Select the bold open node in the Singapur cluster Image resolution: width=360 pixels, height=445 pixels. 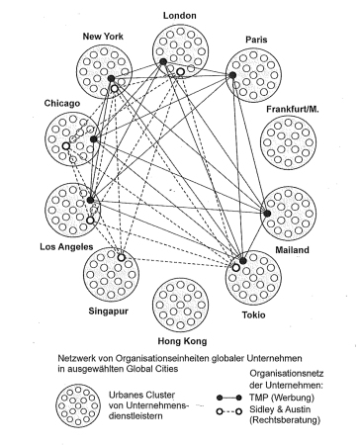122,258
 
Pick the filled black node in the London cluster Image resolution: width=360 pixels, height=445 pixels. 163,63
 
